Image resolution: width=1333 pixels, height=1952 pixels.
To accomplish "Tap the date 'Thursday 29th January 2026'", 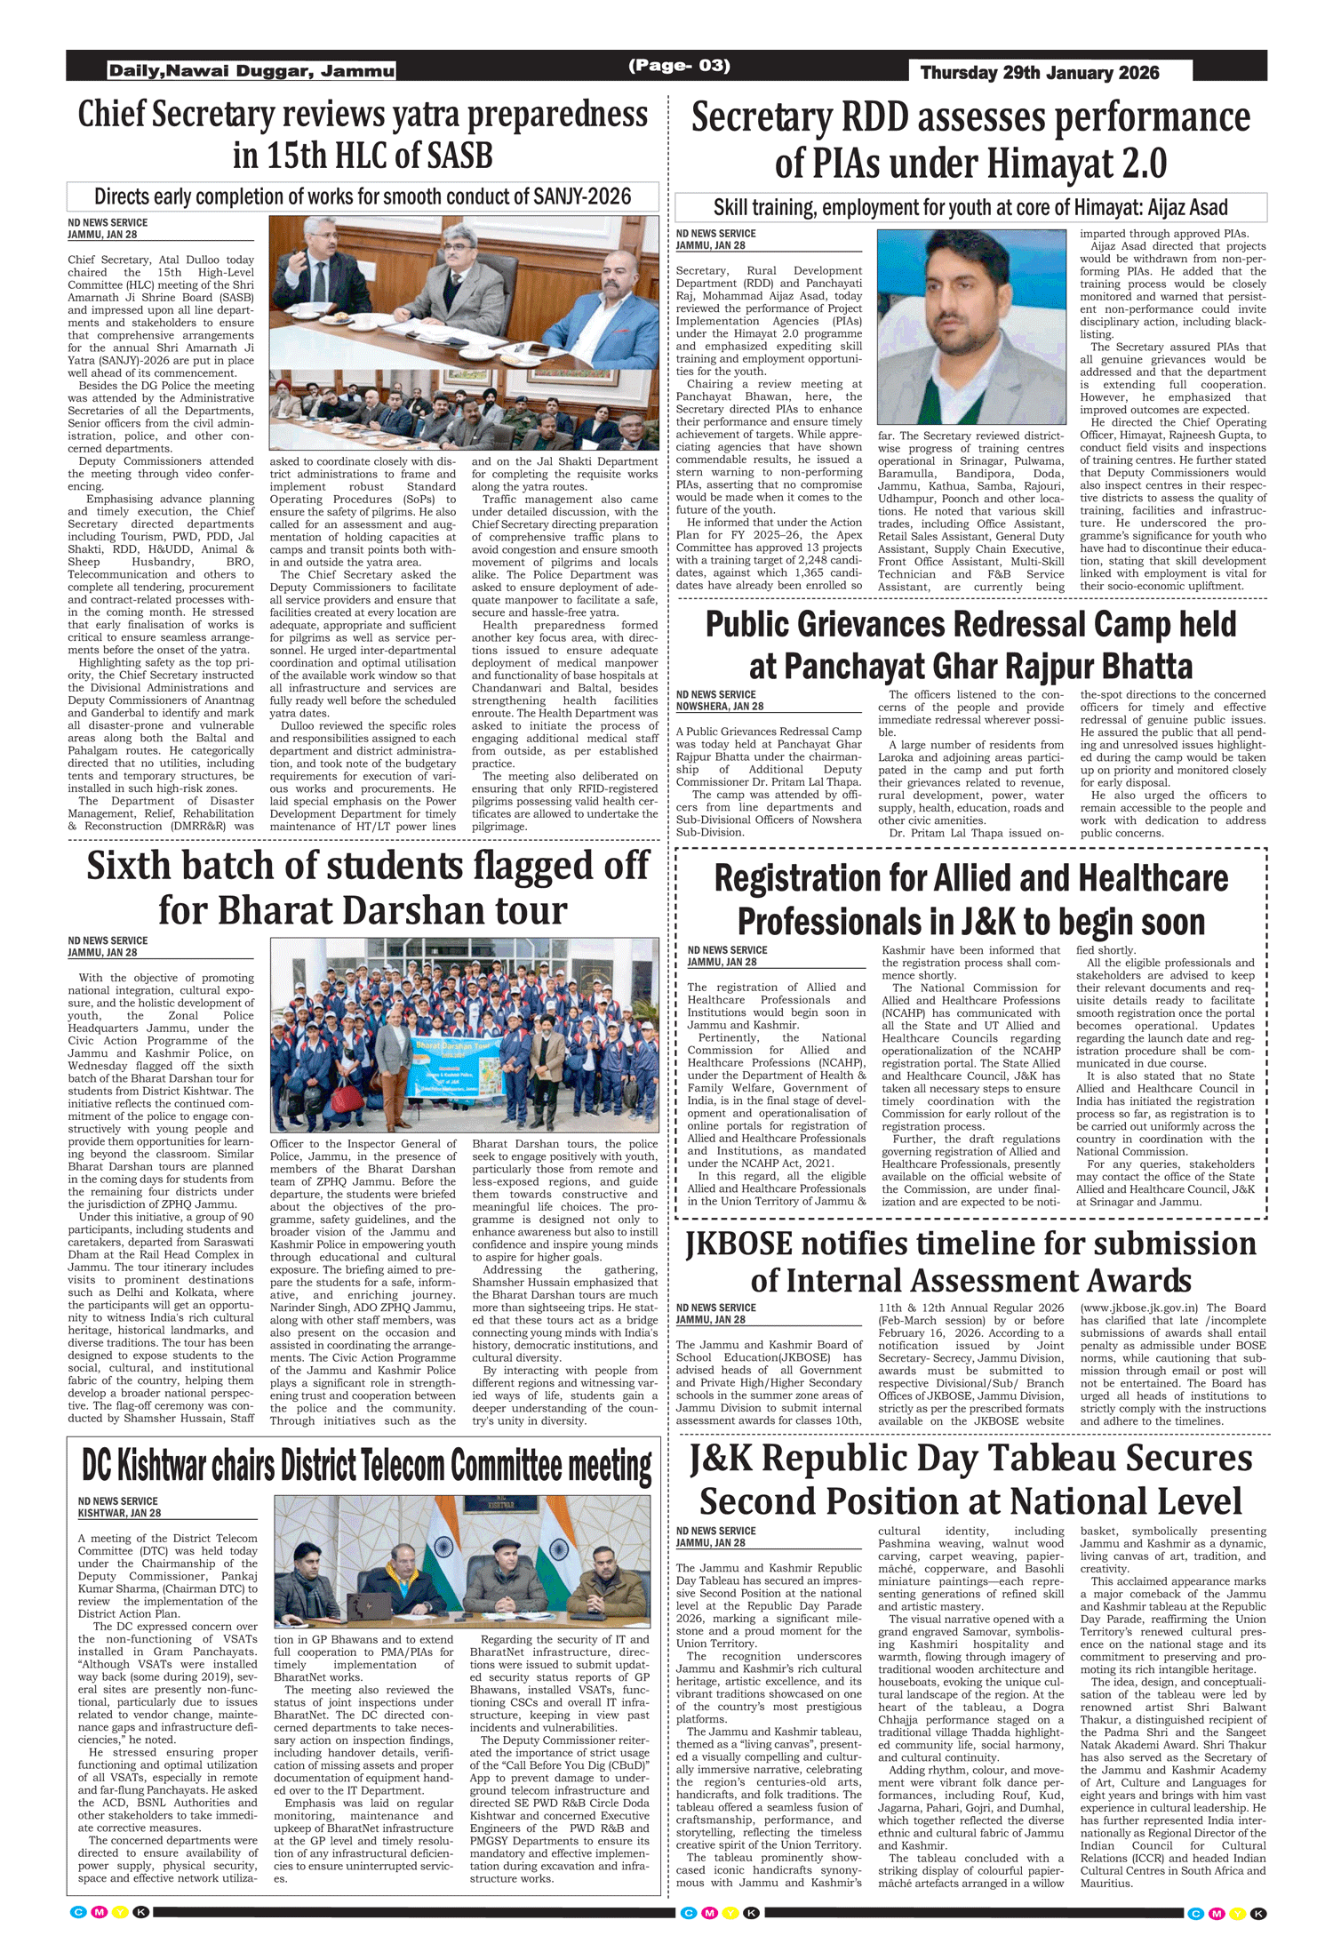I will click(1039, 73).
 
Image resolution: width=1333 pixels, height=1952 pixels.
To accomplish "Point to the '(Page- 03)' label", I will click(679, 65).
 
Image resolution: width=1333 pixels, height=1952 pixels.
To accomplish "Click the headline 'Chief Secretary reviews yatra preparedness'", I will click(363, 115).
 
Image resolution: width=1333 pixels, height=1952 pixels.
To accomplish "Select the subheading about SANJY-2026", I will click(363, 196).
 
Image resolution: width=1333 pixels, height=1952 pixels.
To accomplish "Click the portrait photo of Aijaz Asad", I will click(970, 326).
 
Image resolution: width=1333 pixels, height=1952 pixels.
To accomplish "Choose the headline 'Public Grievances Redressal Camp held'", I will click(970, 624).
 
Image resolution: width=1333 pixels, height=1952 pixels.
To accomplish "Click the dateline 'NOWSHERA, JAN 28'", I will click(719, 707).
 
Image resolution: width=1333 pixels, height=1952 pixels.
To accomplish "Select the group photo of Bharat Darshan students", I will click(464, 1034).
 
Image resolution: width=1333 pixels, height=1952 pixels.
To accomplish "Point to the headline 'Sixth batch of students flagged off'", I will click(367, 866).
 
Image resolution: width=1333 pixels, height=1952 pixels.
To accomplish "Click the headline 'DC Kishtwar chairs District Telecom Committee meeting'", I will click(366, 1466).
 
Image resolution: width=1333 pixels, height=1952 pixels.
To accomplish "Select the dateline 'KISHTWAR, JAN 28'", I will click(119, 1513).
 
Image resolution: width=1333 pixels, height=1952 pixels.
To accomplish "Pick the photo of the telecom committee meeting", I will click(462, 1561).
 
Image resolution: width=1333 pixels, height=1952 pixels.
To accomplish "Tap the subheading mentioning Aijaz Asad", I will click(970, 208).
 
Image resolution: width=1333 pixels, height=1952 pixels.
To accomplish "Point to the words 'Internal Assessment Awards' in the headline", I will click(970, 1281).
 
